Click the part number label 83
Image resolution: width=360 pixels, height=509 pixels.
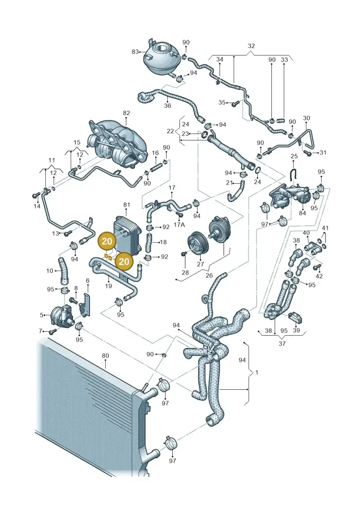[135, 52]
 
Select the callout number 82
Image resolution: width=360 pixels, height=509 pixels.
[126, 113]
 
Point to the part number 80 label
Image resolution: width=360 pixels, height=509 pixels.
[105, 356]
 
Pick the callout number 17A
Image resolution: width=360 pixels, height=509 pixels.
[179, 225]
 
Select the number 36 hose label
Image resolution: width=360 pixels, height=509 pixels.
[167, 105]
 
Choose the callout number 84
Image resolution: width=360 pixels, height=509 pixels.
[302, 213]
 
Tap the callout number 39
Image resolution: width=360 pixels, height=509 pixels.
[296, 330]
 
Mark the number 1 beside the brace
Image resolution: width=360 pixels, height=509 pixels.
[257, 372]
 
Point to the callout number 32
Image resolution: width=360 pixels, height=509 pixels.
[251, 46]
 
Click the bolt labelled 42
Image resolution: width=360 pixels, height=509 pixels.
[317, 267]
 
